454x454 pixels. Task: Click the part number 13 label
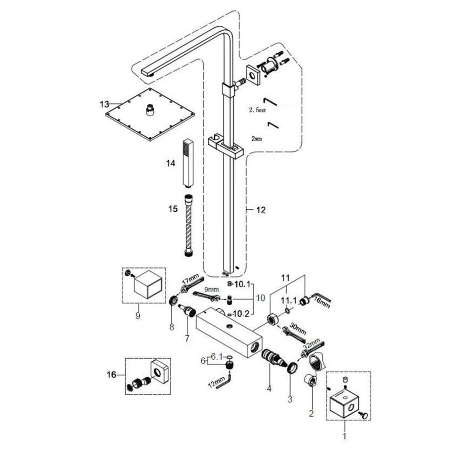pyautogui.click(x=104, y=104)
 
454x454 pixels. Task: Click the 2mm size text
pyautogui.click(x=257, y=137)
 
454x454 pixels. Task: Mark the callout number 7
pyautogui.click(x=187, y=338)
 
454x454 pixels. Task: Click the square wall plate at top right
pyautogui.click(x=253, y=74)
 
